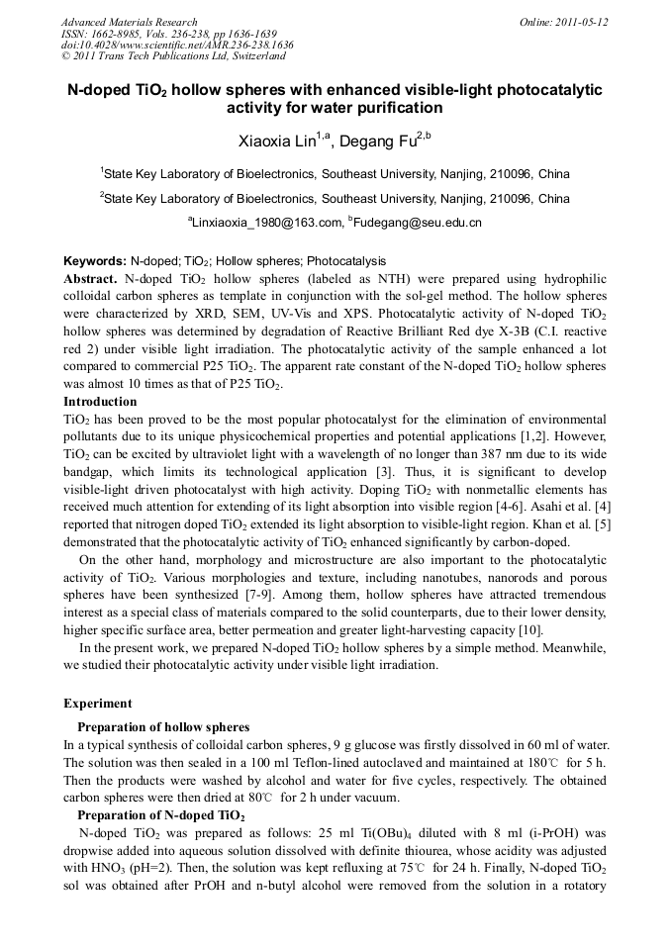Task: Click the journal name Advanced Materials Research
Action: pos(129,22)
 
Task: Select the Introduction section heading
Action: pos(100,402)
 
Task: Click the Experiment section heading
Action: pos(97,704)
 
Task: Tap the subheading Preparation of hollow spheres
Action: pos(163,726)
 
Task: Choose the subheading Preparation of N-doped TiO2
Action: pos(161,815)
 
